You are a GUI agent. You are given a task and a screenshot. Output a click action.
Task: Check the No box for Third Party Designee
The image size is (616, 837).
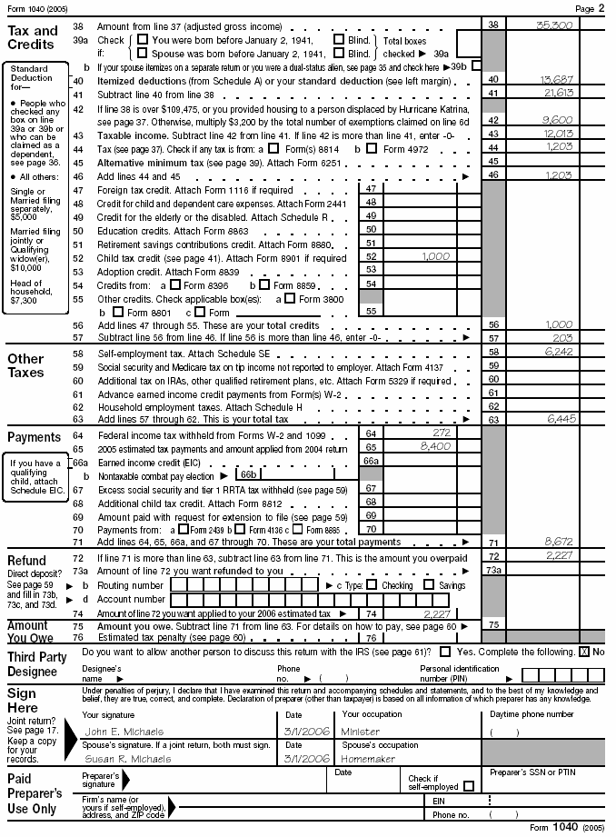[x=584, y=653]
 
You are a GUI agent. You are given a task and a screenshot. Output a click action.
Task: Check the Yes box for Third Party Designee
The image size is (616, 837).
[x=445, y=653]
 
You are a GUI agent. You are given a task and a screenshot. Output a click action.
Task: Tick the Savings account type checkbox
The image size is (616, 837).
[x=455, y=584]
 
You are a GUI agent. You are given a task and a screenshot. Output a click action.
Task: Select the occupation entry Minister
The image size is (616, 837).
[x=361, y=732]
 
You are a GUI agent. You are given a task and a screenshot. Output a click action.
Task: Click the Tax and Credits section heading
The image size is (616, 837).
[x=33, y=37]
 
